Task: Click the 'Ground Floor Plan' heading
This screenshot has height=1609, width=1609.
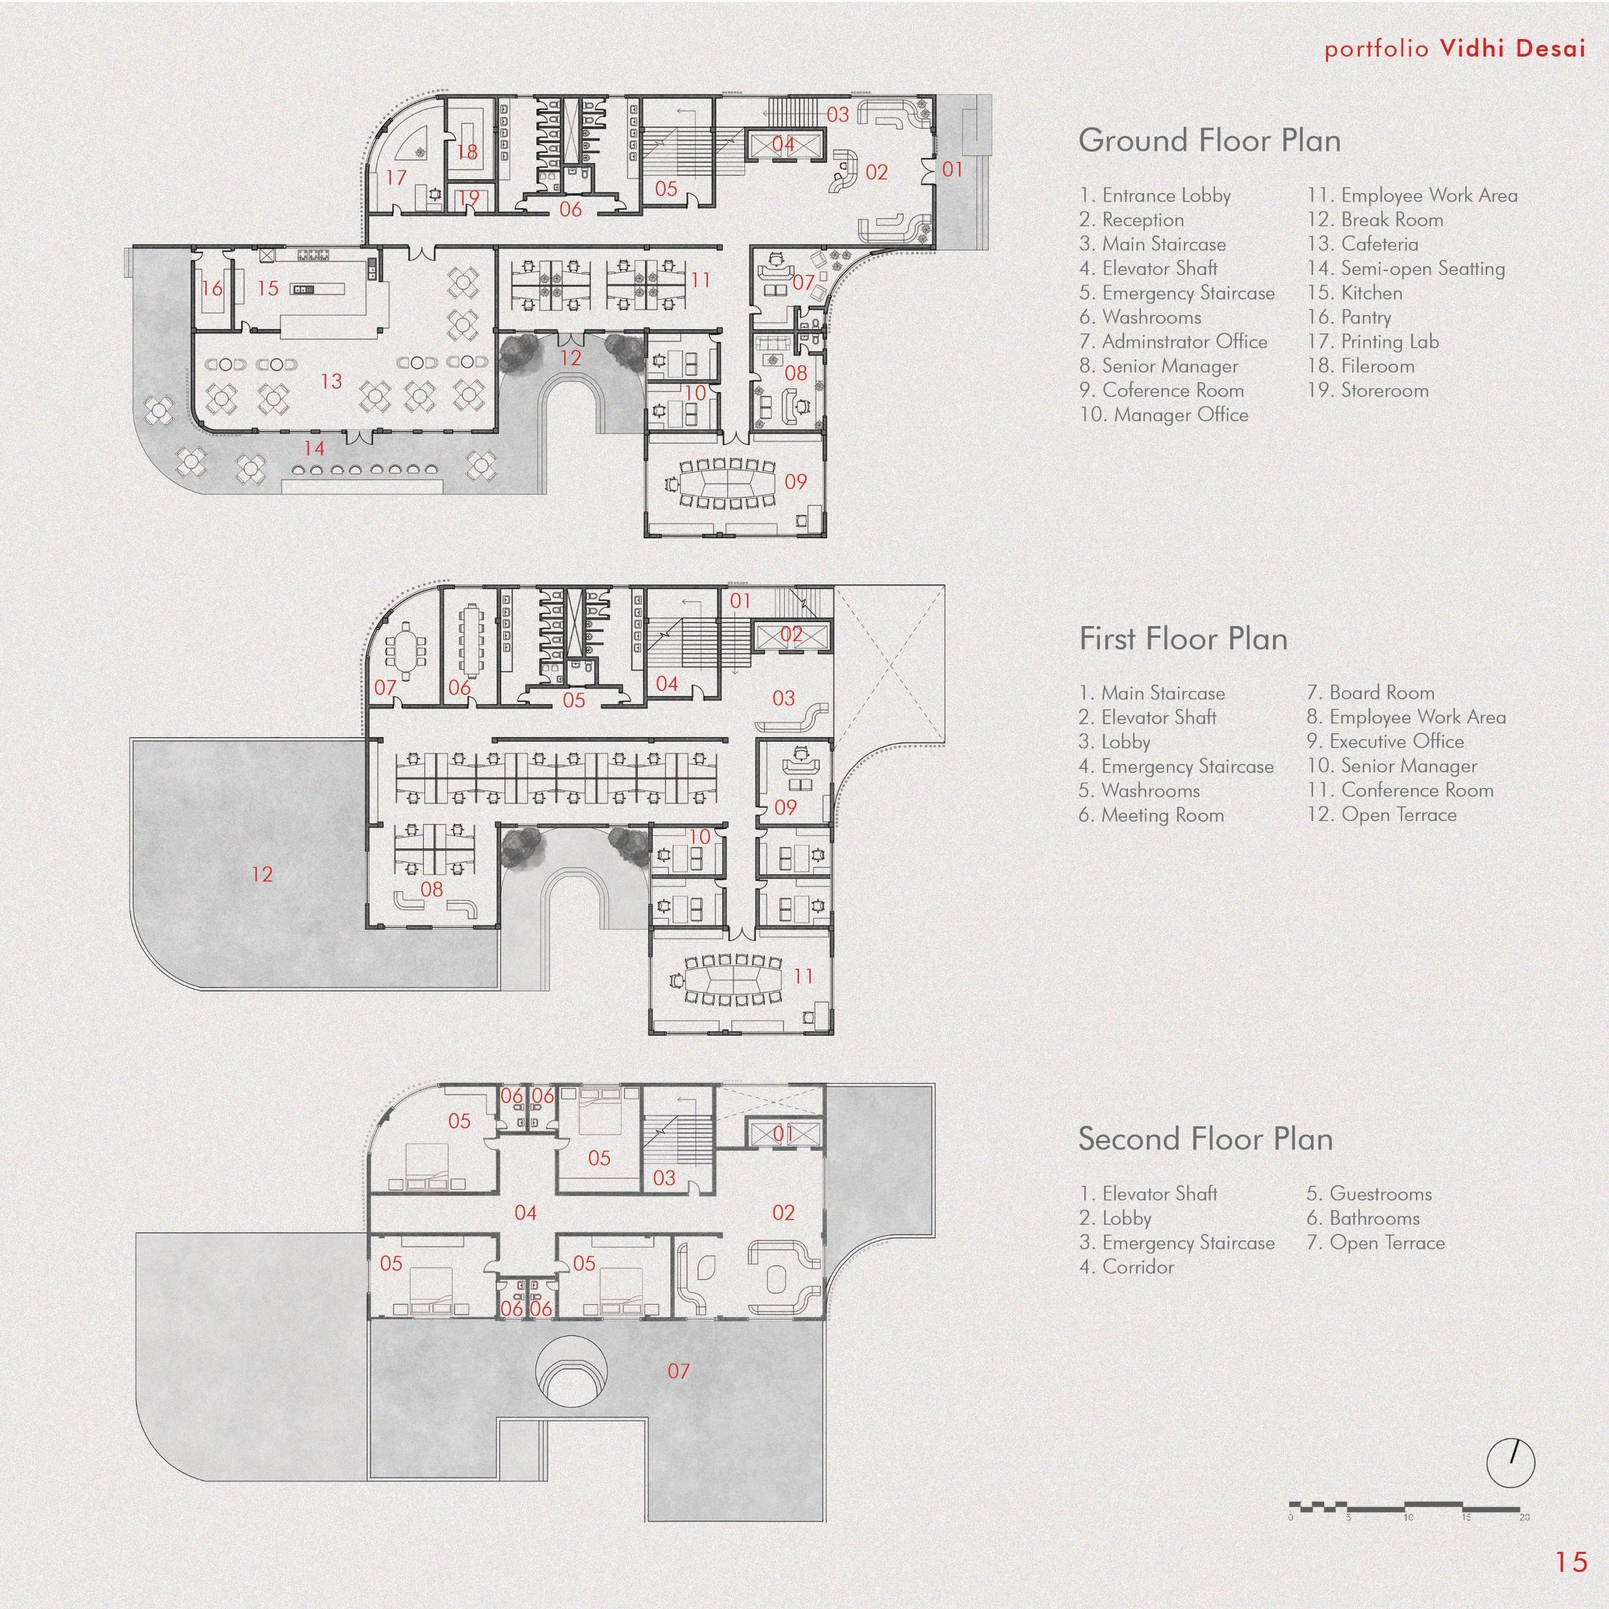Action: click(x=1209, y=140)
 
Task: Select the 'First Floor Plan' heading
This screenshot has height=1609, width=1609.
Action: click(x=1183, y=639)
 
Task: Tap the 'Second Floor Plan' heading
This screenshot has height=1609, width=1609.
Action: click(x=1205, y=1138)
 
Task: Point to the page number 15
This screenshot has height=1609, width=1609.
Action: click(x=1571, y=1562)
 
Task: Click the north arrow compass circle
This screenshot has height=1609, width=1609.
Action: click(x=1510, y=1461)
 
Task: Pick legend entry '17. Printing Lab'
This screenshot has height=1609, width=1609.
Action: click(x=1372, y=341)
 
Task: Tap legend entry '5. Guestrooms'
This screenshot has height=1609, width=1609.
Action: click(x=1368, y=1194)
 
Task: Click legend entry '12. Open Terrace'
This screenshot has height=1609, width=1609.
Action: click(x=1381, y=815)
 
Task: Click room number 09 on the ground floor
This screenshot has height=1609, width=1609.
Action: click(x=795, y=481)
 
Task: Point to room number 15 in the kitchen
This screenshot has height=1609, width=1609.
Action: click(x=267, y=288)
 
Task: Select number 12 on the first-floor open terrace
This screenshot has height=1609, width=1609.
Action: click(x=261, y=874)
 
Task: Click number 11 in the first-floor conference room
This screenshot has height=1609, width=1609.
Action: click(x=803, y=975)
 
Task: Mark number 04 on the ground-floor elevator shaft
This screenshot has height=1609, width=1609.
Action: click(x=783, y=144)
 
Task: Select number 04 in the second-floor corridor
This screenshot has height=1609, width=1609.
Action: click(x=525, y=1212)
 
